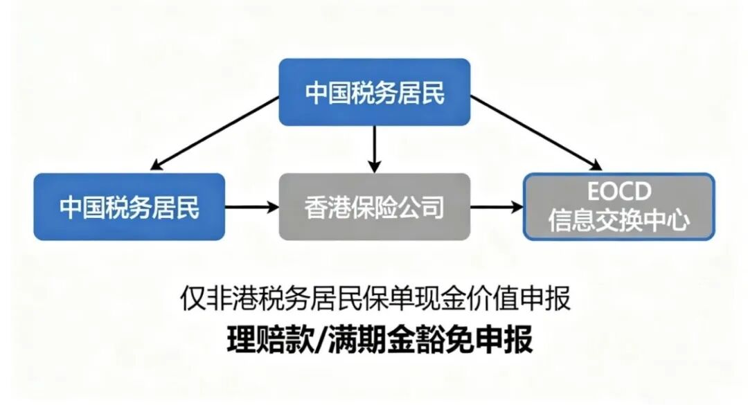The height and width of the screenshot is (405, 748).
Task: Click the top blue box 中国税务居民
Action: click(375, 92)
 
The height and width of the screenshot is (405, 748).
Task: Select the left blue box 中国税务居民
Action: click(130, 206)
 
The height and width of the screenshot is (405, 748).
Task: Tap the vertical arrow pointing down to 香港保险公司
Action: click(375, 149)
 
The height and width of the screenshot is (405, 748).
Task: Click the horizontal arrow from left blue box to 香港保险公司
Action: click(251, 206)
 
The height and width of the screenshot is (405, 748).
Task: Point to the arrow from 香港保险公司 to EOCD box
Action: click(497, 206)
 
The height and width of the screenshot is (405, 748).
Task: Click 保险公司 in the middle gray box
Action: click(398, 206)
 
